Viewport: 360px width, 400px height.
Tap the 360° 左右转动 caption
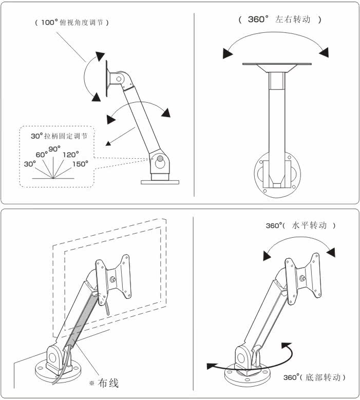(x=280, y=20)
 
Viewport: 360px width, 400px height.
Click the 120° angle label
(x=70, y=154)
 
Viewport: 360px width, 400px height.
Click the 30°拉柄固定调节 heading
(x=58, y=137)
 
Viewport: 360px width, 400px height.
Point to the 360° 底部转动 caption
(x=314, y=377)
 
